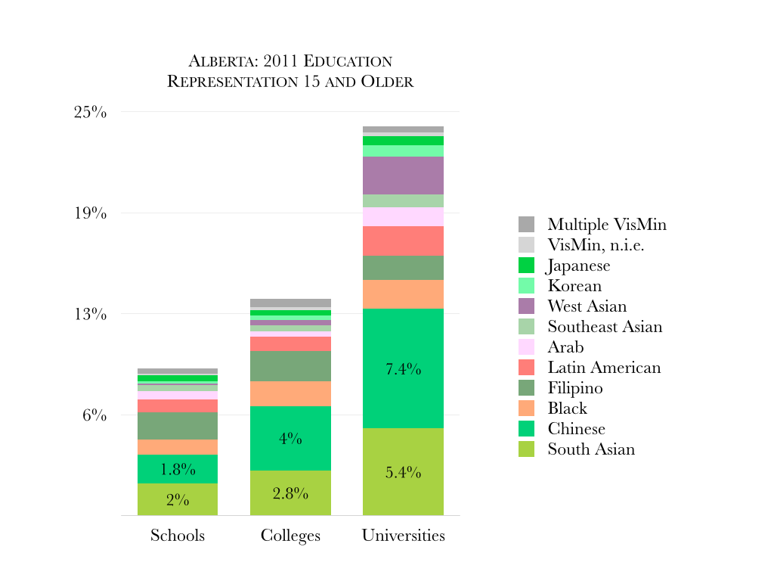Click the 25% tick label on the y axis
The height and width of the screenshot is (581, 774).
tap(90, 113)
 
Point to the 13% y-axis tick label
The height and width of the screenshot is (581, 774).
tap(90, 315)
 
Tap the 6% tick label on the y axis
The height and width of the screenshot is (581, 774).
tap(94, 416)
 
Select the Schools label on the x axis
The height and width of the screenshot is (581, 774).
tap(178, 536)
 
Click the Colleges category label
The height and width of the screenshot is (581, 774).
tap(290, 536)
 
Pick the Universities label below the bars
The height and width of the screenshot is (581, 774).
tap(403, 536)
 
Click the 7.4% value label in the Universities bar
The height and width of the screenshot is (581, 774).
tap(403, 370)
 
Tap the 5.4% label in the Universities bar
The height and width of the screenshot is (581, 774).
tap(403, 473)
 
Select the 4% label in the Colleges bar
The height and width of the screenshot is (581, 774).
tap(290, 439)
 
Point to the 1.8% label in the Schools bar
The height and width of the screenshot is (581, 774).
tap(178, 470)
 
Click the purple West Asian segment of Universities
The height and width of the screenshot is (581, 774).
tap(403, 176)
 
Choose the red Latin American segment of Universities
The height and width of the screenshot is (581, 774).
tap(403, 241)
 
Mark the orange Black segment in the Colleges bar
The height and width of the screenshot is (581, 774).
tap(290, 393)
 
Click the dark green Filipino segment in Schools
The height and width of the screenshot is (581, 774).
tap(178, 426)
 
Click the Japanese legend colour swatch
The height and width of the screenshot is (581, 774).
tap(526, 266)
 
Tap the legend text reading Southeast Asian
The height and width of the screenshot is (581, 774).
tap(605, 327)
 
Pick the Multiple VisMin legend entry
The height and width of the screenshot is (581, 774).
tap(607, 225)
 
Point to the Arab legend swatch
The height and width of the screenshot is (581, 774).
tap(526, 347)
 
